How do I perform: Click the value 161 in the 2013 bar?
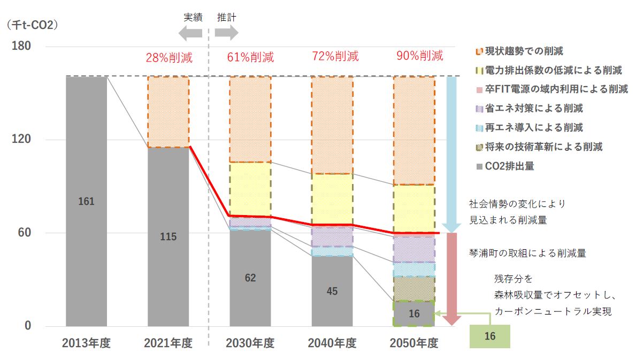(86, 202)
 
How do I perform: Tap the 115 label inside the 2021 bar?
(168, 237)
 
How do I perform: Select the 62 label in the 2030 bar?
(250, 278)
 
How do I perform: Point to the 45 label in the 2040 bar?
(332, 292)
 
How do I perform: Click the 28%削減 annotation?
(169, 57)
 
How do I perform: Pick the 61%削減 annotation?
(250, 57)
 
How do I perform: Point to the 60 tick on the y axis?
(25, 233)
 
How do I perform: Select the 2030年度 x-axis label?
(250, 343)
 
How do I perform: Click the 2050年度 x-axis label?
(414, 343)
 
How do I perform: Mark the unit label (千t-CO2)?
(32, 25)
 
